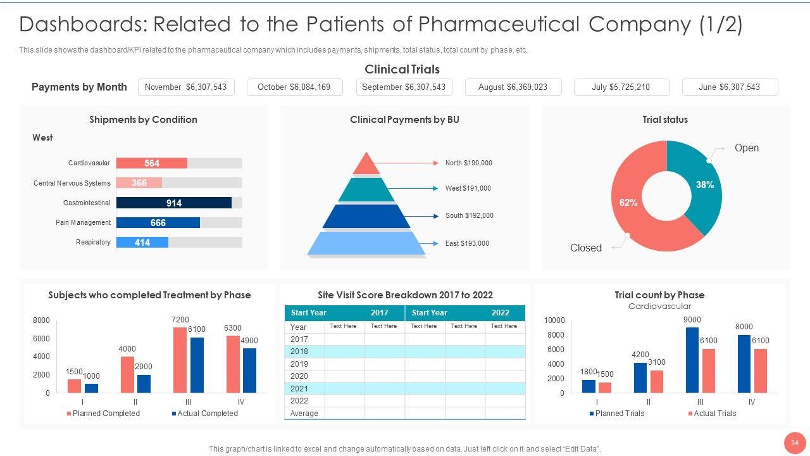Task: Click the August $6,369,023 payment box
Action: (513, 87)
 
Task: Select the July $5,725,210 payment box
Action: (621, 87)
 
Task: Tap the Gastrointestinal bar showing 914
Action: (174, 203)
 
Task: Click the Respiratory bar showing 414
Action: (142, 243)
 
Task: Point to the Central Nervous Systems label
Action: (72, 183)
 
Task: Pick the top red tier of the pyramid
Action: (366, 164)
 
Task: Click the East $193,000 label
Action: (467, 243)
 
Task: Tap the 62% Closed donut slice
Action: (630, 203)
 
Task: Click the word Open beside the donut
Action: (746, 148)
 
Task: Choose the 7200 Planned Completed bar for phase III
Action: (180, 360)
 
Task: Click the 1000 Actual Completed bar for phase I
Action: (92, 388)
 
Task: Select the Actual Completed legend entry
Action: (205, 414)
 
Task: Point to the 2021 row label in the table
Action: (299, 389)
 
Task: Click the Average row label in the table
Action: (304, 414)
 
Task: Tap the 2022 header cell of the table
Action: (500, 313)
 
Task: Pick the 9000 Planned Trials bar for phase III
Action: (692, 360)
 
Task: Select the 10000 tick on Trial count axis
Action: (554, 320)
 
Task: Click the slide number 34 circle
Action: (794, 441)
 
